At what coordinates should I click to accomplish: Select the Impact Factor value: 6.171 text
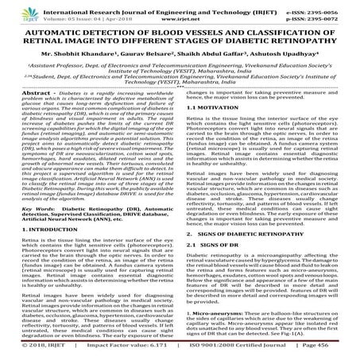(x=124, y=350)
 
